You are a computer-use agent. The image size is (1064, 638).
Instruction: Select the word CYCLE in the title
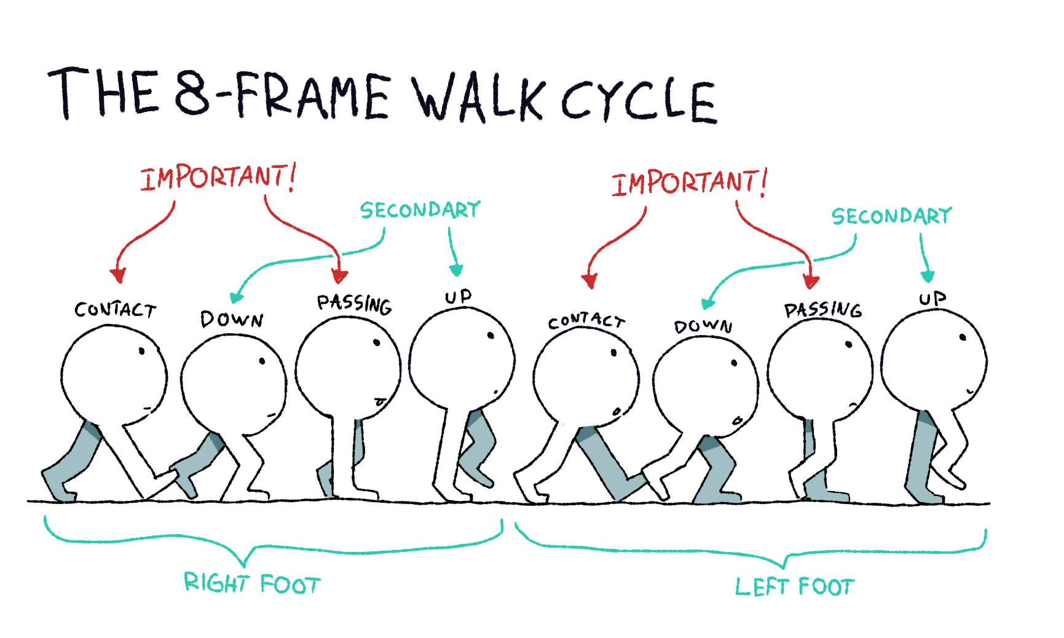(639, 101)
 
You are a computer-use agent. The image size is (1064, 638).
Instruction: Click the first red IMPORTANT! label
(219, 177)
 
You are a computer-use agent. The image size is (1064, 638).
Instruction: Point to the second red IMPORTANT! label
(690, 183)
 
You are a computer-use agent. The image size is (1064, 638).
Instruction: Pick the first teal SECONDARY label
(420, 210)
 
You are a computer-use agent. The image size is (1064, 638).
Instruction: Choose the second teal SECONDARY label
(891, 216)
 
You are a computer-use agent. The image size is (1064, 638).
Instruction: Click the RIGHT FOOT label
(252, 583)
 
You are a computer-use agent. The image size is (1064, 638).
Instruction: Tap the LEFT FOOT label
(795, 586)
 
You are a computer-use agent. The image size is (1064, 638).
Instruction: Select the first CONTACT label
(115, 310)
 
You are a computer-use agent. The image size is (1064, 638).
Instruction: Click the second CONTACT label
(586, 321)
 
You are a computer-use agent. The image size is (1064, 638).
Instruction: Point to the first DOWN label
(232, 320)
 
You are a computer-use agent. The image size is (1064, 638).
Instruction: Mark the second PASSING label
(823, 310)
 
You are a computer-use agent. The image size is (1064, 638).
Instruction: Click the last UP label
(932, 299)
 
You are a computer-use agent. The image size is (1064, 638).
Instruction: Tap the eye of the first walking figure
(142, 351)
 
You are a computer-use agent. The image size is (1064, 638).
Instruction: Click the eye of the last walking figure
(963, 337)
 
